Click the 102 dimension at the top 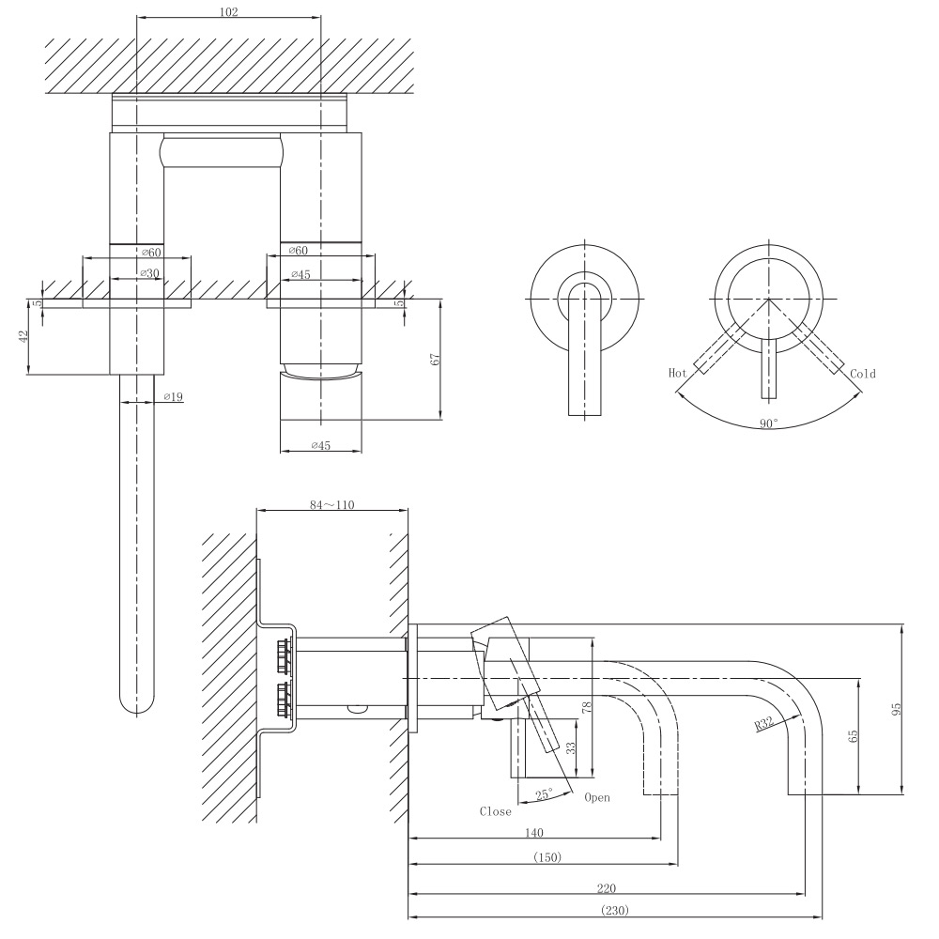[228, 12]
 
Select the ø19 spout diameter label [173, 397]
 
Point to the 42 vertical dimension [23, 336]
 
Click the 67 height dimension [435, 359]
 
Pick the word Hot [677, 373]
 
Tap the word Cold [862, 374]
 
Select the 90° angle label [769, 423]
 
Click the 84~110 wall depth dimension [331, 504]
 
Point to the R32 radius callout [763, 724]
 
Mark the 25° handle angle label [543, 794]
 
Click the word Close [495, 811]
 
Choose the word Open [596, 798]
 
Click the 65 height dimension [853, 736]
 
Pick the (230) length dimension [614, 910]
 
